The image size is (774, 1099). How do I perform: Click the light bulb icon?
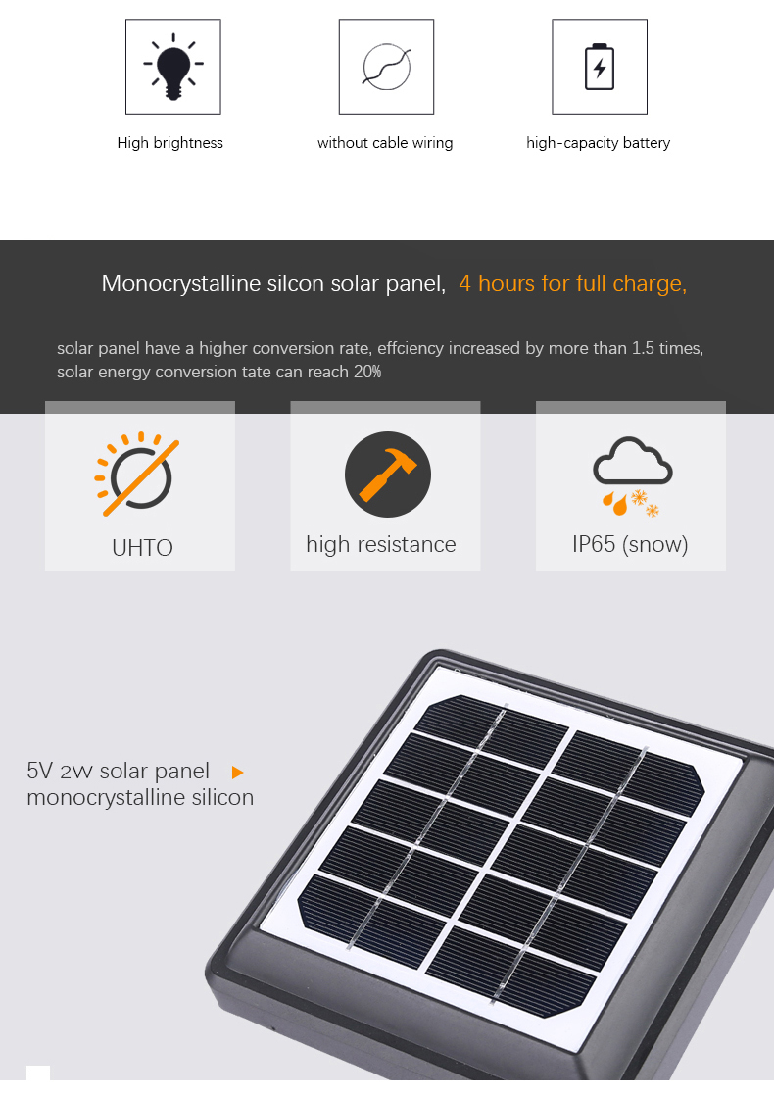click(173, 67)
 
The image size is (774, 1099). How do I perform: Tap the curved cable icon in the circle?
click(387, 68)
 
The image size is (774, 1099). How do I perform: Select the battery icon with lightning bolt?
click(600, 67)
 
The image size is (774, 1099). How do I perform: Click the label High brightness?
click(170, 143)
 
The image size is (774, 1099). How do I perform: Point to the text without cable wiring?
click(385, 143)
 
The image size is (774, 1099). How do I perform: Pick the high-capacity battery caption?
click(599, 143)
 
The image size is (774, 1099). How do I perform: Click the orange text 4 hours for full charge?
click(573, 284)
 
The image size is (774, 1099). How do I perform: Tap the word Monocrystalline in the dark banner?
click(181, 284)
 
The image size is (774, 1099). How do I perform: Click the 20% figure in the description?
click(367, 372)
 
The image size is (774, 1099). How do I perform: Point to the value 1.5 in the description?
click(643, 348)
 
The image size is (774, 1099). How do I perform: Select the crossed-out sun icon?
click(137, 474)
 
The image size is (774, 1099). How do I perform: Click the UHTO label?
click(142, 547)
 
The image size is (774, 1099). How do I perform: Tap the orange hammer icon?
click(388, 475)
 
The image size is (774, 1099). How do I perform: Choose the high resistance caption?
click(381, 544)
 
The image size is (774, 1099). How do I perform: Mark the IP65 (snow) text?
click(630, 544)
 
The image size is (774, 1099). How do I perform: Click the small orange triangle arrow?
click(237, 773)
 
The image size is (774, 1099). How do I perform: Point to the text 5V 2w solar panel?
click(119, 771)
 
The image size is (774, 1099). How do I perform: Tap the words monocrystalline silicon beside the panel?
click(140, 798)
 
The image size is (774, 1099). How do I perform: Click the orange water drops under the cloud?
click(614, 503)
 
